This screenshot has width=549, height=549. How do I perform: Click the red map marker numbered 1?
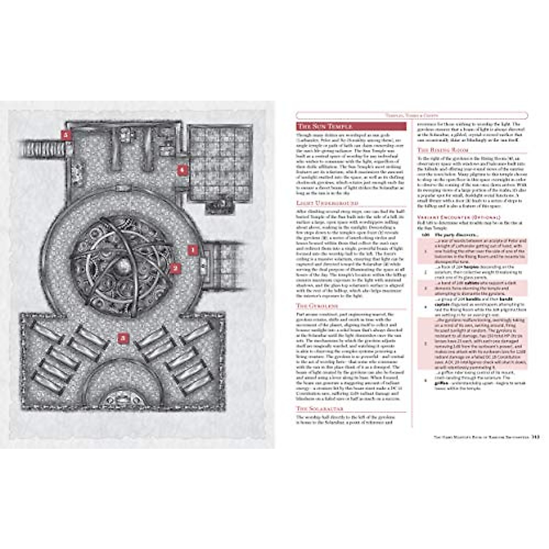pos(193,250)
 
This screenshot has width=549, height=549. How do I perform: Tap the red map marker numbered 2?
pos(174,268)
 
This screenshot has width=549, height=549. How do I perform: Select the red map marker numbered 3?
pos(123,339)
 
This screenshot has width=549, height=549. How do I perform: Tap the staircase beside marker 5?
pos(41,148)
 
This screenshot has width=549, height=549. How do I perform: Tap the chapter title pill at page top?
pos(412,116)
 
